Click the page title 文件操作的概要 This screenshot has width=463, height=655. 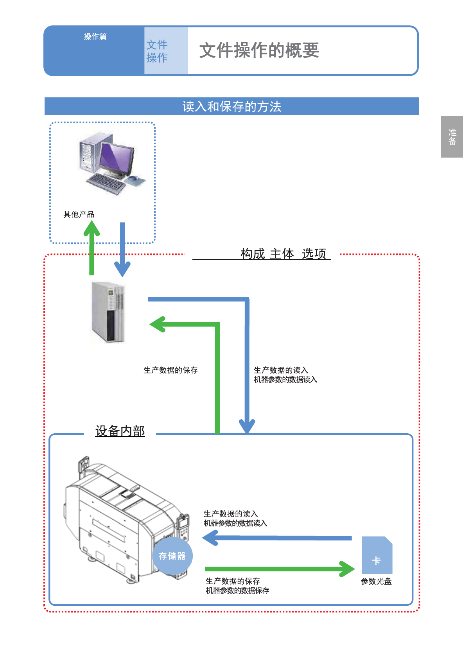[259, 50]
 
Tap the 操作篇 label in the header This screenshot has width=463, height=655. [95, 36]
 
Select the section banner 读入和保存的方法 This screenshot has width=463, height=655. [231, 106]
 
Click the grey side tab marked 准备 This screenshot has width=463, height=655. [452, 137]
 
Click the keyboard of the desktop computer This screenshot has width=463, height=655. [106, 183]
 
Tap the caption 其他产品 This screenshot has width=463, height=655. [79, 214]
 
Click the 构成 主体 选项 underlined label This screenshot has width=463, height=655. [283, 254]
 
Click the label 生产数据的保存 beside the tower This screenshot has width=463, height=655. [170, 370]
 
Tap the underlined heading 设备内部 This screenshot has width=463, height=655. [120, 431]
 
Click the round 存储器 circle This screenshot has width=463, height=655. [172, 556]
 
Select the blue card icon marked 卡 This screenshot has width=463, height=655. [377, 555]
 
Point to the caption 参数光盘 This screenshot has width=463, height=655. [376, 581]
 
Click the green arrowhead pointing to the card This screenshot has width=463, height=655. [347, 569]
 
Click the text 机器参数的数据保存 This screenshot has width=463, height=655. [237, 590]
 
